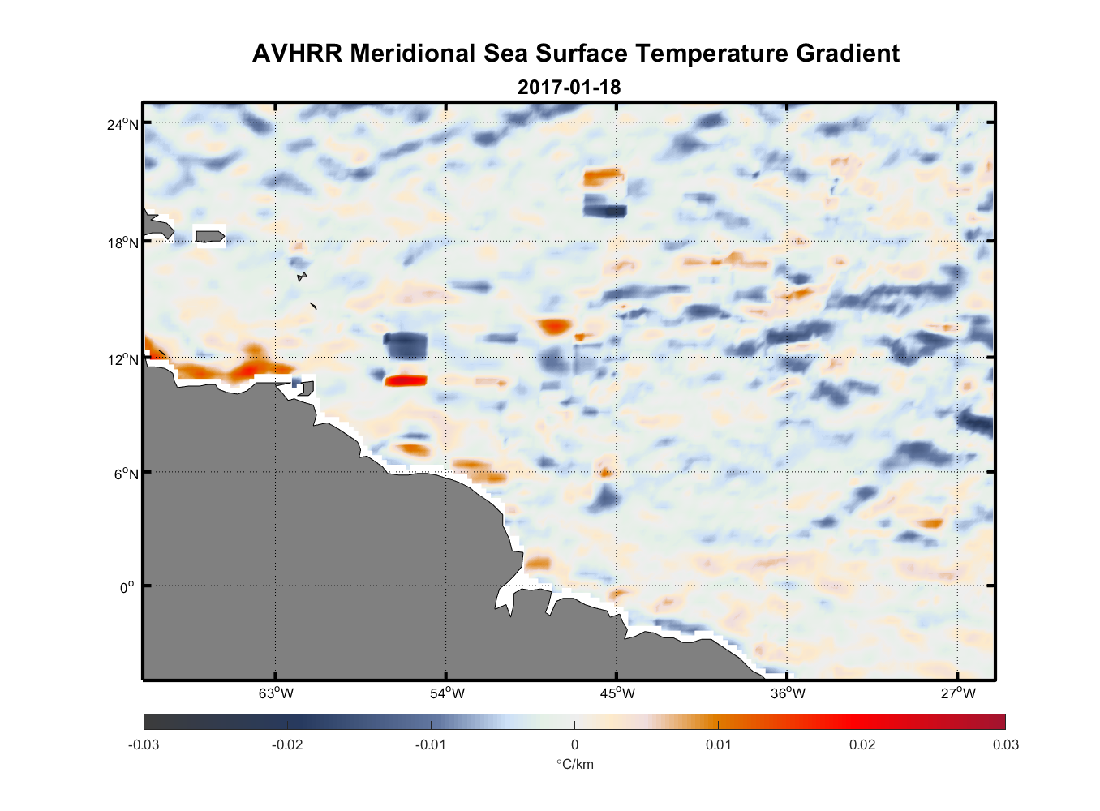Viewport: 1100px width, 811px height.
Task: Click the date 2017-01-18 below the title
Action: (569, 87)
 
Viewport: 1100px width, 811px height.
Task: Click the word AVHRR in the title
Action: (297, 54)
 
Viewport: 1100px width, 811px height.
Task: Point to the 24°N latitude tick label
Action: (123, 124)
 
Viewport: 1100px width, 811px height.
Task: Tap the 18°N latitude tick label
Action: (123, 242)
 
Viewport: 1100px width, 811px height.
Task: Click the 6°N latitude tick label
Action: (126, 474)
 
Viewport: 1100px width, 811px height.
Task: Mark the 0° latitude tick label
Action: (127, 587)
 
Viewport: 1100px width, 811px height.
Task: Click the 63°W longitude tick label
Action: (276, 693)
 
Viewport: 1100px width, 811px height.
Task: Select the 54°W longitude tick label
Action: (447, 693)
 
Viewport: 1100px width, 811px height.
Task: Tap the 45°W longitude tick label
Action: (617, 693)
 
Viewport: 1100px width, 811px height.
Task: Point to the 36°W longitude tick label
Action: (788, 693)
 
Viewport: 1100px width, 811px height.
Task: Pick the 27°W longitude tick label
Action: (958, 693)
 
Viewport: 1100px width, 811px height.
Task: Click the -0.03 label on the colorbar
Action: (144, 744)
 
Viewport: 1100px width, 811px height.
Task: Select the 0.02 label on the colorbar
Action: (862, 744)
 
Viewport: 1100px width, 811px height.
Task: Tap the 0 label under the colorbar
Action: (574, 744)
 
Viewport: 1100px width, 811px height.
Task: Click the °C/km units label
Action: (574, 764)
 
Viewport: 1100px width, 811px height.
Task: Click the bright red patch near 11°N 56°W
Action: (406, 380)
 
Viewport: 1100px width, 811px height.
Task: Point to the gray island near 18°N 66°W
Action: (210, 237)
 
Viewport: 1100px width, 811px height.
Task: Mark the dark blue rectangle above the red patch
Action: (405, 345)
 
